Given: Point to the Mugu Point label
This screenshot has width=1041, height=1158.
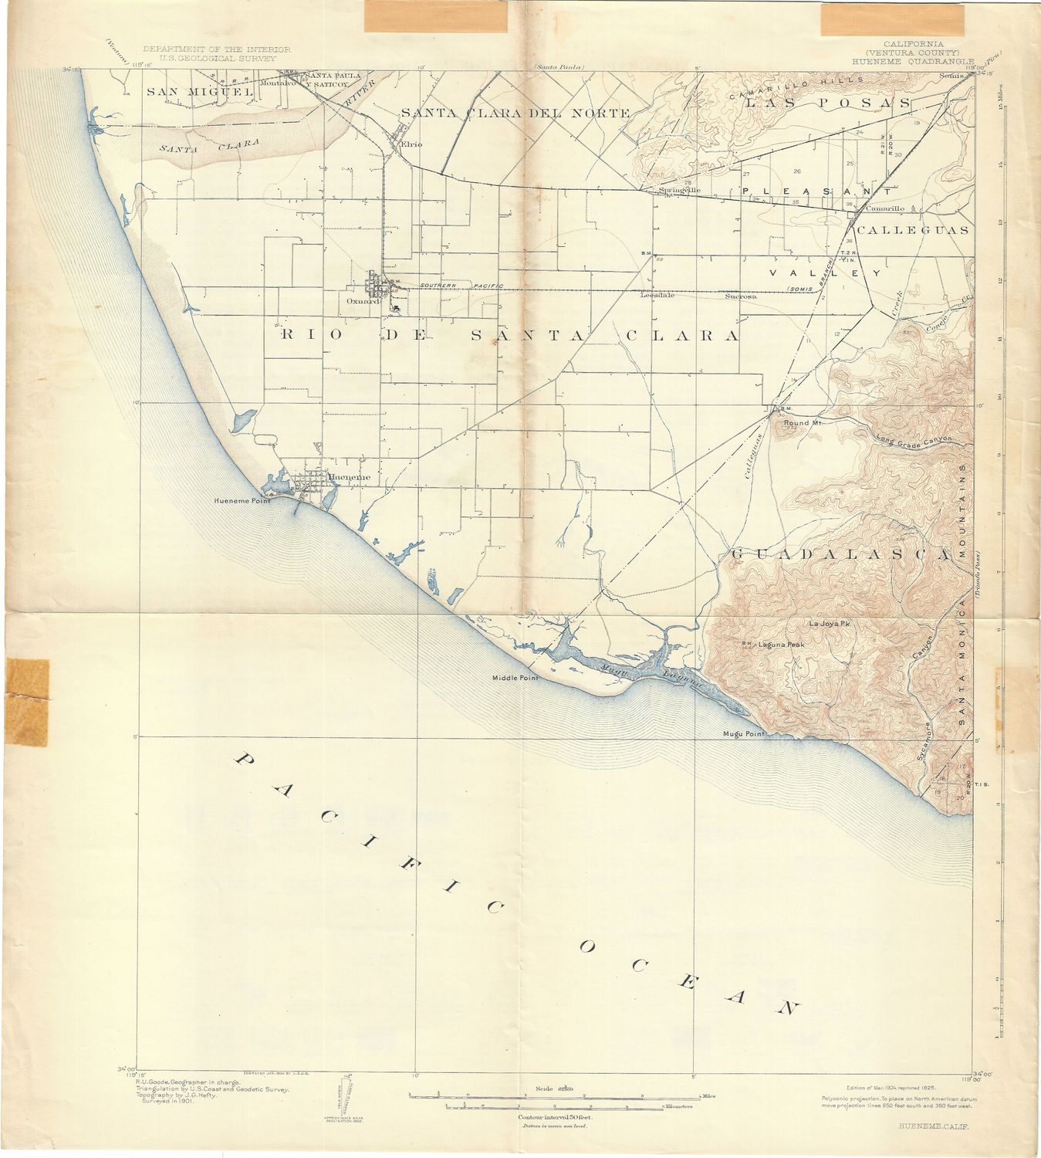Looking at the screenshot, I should tap(742, 733).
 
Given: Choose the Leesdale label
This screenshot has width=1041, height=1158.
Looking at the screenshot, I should tap(657, 295).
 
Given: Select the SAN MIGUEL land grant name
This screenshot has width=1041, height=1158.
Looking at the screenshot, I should tap(200, 92).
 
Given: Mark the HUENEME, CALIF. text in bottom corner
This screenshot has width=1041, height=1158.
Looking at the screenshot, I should tap(935, 1126).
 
